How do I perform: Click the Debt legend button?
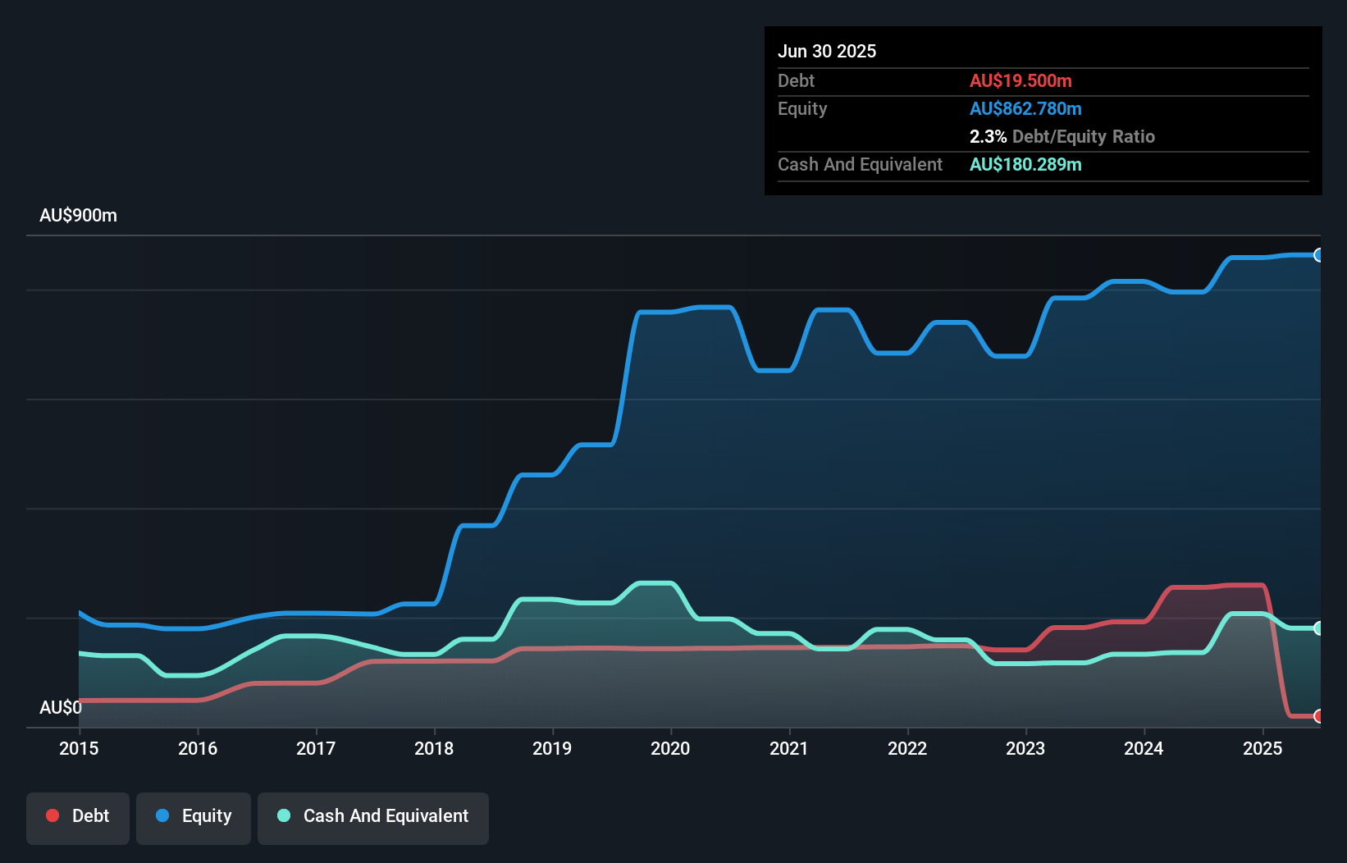78,816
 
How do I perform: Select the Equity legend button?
194,816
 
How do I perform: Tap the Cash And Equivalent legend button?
373,816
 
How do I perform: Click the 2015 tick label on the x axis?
79,748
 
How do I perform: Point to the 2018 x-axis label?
434,748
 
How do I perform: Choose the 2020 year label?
670,748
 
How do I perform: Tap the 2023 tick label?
1025,748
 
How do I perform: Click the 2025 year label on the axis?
1263,748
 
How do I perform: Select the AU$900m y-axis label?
79,216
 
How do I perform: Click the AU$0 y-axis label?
61,707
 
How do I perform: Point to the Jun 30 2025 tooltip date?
827,51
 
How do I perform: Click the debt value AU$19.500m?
1021,80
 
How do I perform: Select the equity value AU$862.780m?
1025,108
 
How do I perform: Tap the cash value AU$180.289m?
1025,164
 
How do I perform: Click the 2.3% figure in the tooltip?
988,136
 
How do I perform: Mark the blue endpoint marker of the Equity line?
1318,255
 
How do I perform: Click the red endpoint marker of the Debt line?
1318,716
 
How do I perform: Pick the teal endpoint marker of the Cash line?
1318,628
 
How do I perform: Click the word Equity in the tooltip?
802,108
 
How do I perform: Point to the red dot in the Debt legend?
53,815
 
